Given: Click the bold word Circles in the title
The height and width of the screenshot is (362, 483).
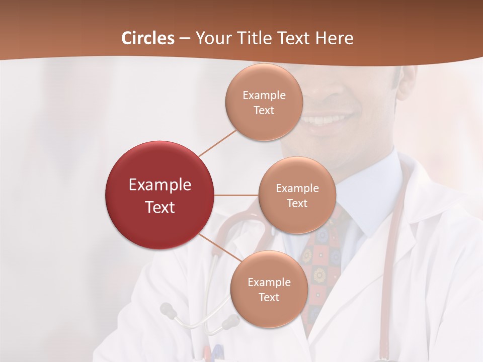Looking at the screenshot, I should pos(148,38).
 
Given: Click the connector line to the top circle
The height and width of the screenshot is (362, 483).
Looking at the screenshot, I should pos(218,142).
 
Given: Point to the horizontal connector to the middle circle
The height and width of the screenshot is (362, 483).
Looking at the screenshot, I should pos(236,195).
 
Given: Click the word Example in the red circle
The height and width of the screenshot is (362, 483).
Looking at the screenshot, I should pos(160,185).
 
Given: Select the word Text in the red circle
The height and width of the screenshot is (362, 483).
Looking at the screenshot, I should pos(160,207).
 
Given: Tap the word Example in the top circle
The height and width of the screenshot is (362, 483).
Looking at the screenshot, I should pos(264,95).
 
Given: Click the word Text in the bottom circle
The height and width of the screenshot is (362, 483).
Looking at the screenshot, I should pos(269,297).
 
